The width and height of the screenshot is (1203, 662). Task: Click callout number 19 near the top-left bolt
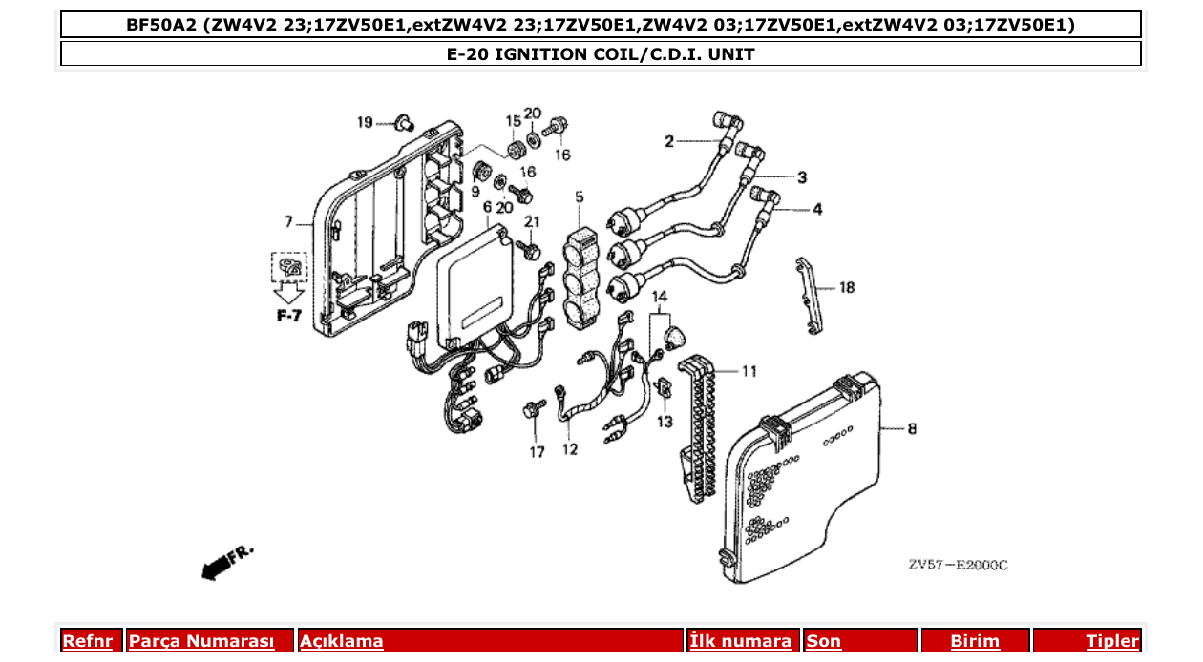click(365, 122)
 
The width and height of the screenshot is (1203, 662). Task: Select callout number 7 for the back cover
click(288, 222)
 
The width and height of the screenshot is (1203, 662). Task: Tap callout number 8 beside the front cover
click(912, 429)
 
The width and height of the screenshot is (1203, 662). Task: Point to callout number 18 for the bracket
click(847, 287)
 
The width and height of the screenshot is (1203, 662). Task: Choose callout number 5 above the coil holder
click(579, 197)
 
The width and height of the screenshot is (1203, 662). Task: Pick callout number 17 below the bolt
click(538, 452)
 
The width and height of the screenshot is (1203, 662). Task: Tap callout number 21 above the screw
click(532, 222)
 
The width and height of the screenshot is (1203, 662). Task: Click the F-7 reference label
click(289, 315)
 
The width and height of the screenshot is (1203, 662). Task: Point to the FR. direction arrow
click(227, 562)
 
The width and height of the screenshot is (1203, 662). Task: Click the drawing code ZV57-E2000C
click(958, 565)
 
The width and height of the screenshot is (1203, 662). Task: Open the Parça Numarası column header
click(200, 641)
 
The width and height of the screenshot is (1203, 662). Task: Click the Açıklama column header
click(342, 641)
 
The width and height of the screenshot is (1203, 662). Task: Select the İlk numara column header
click(741, 641)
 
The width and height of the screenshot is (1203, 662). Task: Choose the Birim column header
click(975, 641)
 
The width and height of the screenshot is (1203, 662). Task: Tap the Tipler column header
click(1112, 641)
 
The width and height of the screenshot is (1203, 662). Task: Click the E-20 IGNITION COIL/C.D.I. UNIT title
click(601, 54)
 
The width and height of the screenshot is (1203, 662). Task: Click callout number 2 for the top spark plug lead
click(669, 142)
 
